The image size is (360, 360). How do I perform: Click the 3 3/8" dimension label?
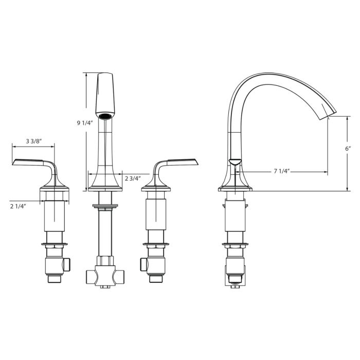click(33, 141)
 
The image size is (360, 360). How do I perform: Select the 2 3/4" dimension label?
click(134, 178)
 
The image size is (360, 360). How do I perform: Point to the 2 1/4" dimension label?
click(18, 206)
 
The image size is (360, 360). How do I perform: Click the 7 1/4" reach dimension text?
click(283, 171)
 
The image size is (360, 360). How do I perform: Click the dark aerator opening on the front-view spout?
click(105, 116)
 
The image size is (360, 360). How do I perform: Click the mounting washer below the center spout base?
click(105, 207)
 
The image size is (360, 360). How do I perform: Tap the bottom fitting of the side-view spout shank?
click(235, 278)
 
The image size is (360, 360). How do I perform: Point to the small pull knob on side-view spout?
click(234, 162)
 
